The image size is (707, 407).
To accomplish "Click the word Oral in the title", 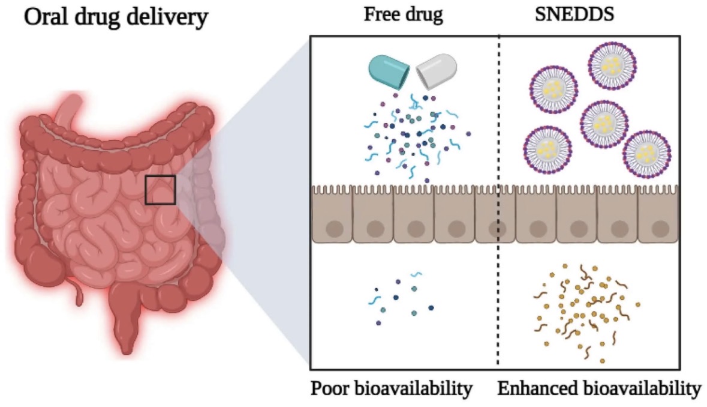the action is [x=46, y=17].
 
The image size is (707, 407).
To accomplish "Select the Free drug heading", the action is [x=403, y=14].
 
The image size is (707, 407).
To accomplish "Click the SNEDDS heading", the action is [x=574, y=14].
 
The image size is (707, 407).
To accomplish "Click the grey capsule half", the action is [x=437, y=71].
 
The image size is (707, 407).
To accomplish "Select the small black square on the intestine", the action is [x=160, y=190].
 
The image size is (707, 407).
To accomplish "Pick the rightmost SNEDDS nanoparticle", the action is [x=647, y=154].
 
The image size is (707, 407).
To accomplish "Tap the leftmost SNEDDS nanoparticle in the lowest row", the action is [x=548, y=150].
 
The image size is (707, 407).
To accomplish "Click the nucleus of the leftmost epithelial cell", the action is [x=334, y=228].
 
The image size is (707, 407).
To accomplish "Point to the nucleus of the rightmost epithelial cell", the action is [x=660, y=228].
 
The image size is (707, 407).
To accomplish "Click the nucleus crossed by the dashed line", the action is [x=497, y=228].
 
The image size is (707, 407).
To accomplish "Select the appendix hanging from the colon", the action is [x=77, y=291].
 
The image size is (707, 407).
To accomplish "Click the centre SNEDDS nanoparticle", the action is [x=604, y=124].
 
